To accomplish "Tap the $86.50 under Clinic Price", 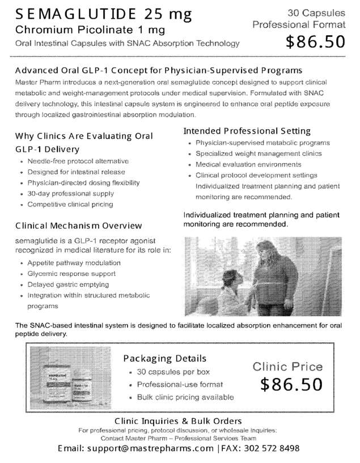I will pos(291,385).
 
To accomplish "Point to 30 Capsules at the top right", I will pos(316,12).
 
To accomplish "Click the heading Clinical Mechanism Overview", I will pos(79,226).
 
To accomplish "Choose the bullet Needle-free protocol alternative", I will pos(78,162).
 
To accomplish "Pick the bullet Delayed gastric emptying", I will pos(68,284).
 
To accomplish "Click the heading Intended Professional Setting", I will pos(247,131).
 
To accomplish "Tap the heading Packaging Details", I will pos(165,359).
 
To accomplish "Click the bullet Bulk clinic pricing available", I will pos(185,397).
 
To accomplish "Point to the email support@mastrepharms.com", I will pos(150,448).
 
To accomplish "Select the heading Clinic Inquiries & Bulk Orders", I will pos(178,421).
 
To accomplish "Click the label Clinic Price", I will pos(287,367).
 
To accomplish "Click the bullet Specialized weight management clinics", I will pos(259,154).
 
